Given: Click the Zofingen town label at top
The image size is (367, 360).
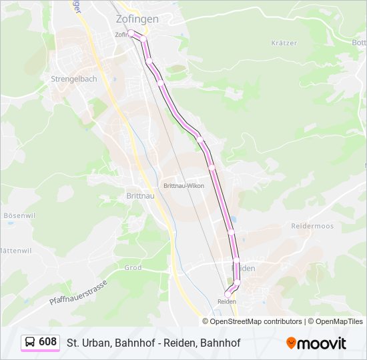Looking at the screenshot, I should (x=137, y=19).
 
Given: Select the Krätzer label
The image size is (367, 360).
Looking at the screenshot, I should (x=284, y=43).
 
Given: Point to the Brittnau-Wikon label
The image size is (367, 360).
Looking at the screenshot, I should (x=183, y=186).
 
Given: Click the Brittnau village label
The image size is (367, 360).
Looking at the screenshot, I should (x=140, y=196).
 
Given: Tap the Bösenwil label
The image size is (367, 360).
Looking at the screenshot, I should (x=19, y=215).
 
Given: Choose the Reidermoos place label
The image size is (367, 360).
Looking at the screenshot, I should (x=312, y=226).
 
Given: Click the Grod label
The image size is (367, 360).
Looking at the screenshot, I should (x=133, y=267).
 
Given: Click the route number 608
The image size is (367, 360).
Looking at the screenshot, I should (x=48, y=342).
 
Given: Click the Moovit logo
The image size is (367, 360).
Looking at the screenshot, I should (x=316, y=343).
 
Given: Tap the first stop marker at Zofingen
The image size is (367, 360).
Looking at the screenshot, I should (x=131, y=31).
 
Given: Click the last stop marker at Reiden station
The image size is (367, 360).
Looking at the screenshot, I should (x=228, y=293).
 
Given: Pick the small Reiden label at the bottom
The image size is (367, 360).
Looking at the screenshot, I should (x=227, y=301).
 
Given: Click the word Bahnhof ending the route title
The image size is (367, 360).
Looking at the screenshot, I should (x=220, y=343).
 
